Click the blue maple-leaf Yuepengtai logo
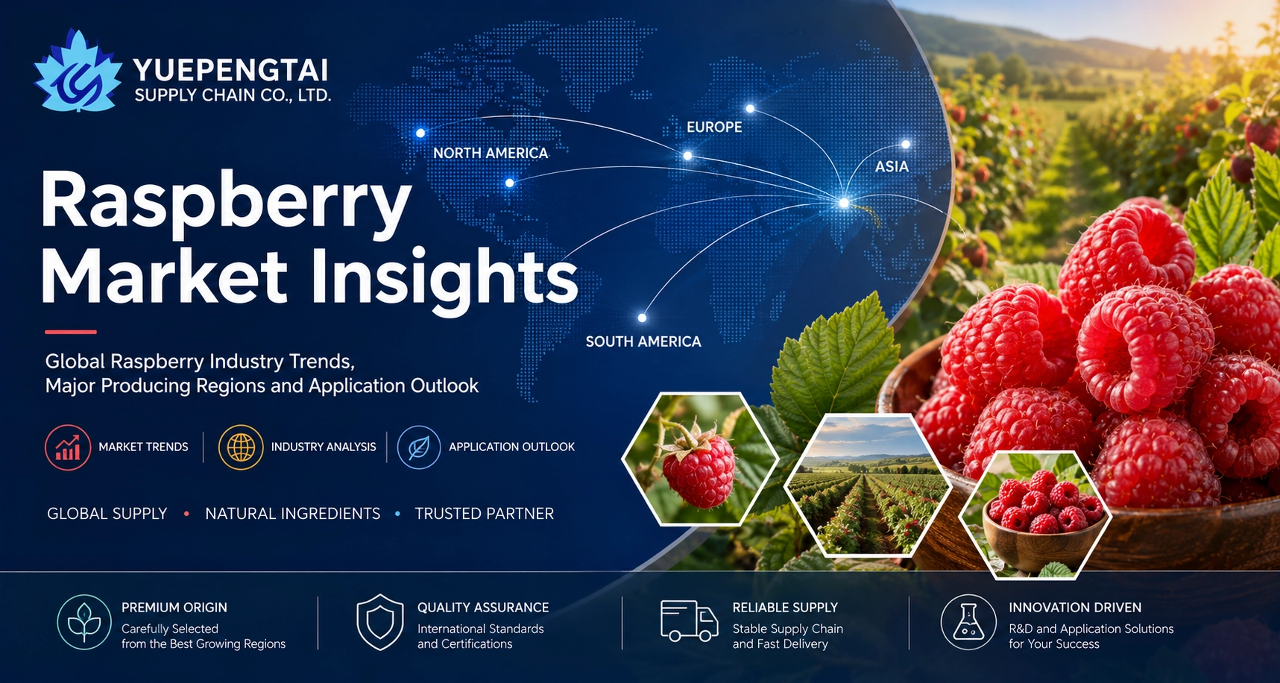tap(78, 72)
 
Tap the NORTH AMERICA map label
tap(491, 153)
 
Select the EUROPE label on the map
tap(714, 128)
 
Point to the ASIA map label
tap(892, 167)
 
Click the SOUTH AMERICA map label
tap(643, 341)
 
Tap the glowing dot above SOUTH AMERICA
tap(642, 318)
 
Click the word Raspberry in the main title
tap(226, 201)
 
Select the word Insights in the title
tap(445, 277)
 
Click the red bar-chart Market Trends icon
tap(68, 447)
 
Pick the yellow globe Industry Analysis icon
tap(241, 447)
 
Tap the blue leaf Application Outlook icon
tap(419, 447)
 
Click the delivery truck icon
tap(690, 621)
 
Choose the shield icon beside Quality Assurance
tap(380, 622)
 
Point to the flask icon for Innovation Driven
tap(968, 622)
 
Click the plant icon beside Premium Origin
tap(84, 622)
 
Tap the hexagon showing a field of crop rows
tap(868, 485)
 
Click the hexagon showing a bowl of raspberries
tap(1035, 515)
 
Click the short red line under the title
tap(71, 332)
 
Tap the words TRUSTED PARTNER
tap(485, 514)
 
